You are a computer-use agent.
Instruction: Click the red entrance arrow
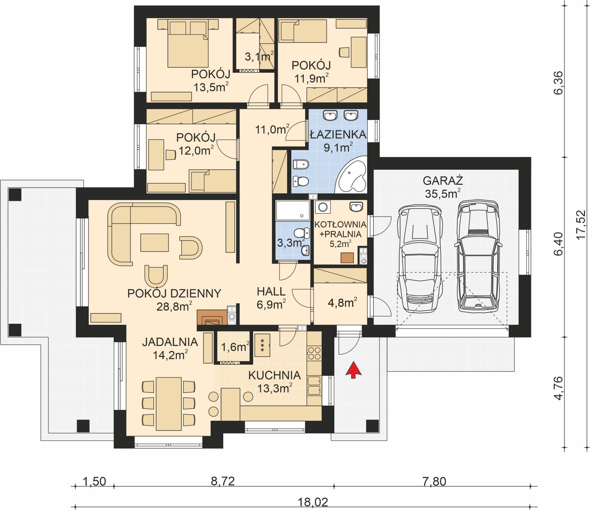tap(353, 370)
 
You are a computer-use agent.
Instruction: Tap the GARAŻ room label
tap(443, 181)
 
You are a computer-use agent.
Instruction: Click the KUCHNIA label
tap(274, 375)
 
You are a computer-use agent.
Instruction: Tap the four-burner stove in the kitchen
tap(314, 353)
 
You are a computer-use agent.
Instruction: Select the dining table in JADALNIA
tap(169, 404)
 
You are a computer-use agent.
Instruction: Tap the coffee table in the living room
tap(154, 242)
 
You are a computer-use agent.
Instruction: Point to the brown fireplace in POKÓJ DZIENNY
tap(212, 317)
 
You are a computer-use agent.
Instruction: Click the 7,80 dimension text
tap(434, 481)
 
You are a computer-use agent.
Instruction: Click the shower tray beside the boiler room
tap(292, 211)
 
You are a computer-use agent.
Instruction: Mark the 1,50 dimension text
tap(94, 481)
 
